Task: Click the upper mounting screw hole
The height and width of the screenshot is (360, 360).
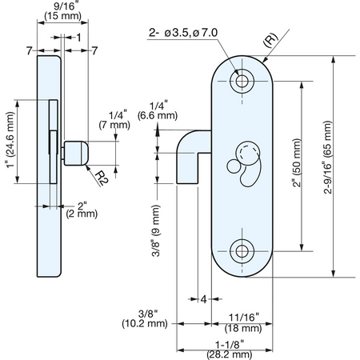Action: (x=242, y=81)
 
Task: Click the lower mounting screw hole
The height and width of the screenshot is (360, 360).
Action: (x=242, y=251)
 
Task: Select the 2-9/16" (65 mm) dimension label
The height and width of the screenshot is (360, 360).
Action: (x=328, y=158)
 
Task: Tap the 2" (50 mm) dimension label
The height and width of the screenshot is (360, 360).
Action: (x=297, y=162)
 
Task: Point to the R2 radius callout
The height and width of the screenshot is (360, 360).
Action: (x=102, y=178)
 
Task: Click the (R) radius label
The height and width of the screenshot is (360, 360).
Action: (x=270, y=40)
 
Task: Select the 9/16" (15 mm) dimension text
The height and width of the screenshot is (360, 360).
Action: (x=63, y=11)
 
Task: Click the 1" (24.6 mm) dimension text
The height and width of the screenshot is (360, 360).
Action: (x=10, y=140)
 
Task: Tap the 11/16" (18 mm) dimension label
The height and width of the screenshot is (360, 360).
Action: (x=243, y=322)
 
